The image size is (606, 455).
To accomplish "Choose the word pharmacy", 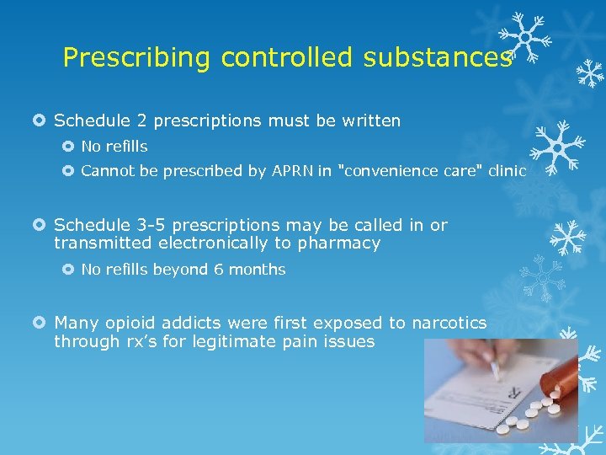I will pos(345,244).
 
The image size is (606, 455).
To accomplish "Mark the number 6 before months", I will pos(215,270).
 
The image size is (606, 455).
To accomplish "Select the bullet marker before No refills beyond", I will pos(69,270).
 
